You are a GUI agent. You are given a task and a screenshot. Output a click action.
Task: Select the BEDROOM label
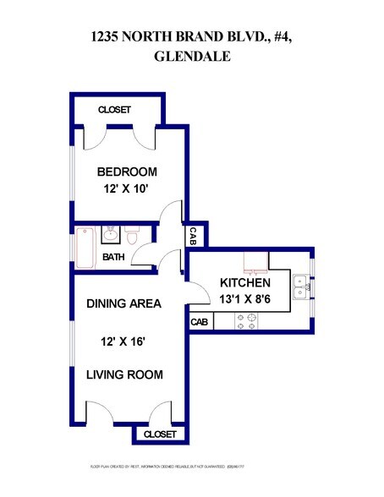127,172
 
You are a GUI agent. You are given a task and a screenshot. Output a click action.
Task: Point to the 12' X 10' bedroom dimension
127,190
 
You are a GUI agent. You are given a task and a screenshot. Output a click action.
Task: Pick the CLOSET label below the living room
160,434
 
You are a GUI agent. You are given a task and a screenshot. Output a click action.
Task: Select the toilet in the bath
132,232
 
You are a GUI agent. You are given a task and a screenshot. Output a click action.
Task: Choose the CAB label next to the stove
200,322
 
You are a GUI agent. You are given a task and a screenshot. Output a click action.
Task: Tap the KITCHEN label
245,282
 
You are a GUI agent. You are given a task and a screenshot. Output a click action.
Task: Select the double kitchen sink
300,288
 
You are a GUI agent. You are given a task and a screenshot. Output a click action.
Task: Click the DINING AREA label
124,303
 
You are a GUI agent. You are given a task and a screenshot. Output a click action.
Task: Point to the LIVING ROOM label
124,374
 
